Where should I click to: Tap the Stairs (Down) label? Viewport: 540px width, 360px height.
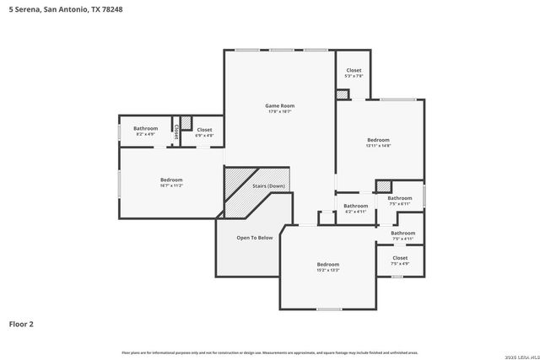(269, 185)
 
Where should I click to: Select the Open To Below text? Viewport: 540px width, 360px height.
(254, 238)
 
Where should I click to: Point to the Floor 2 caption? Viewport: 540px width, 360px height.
(21, 323)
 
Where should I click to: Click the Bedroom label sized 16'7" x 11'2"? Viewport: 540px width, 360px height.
(171, 180)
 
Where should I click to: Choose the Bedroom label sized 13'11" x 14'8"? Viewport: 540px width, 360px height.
(378, 140)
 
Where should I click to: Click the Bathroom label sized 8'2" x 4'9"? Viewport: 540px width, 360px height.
(146, 128)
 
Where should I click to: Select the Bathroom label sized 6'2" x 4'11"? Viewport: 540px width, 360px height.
(356, 206)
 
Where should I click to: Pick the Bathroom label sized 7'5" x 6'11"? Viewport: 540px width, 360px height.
(400, 198)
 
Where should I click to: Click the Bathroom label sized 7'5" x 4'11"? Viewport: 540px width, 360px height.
(403, 233)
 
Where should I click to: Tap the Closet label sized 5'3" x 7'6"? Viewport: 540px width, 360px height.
(354, 71)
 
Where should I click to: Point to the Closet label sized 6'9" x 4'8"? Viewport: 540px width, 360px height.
(204, 130)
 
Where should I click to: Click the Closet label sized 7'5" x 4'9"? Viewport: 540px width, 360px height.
(400, 258)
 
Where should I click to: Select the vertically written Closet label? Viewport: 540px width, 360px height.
(175, 132)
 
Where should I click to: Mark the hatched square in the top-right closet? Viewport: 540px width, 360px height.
(342, 95)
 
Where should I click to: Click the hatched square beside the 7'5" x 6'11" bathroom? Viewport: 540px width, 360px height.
(384, 186)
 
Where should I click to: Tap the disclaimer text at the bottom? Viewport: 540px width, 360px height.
(270, 352)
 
